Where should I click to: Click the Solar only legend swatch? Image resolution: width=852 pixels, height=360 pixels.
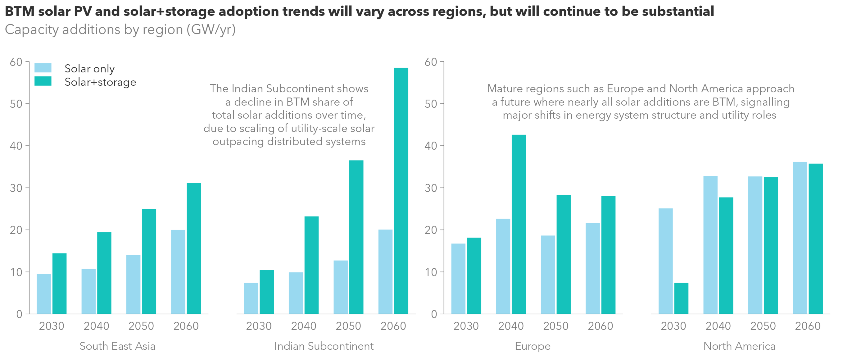43,68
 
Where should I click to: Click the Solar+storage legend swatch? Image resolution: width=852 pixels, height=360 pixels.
43,81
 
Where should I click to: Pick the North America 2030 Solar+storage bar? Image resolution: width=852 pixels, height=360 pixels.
681,298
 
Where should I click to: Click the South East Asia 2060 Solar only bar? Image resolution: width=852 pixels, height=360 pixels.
178,272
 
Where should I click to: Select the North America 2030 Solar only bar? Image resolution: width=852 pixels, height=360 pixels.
665,262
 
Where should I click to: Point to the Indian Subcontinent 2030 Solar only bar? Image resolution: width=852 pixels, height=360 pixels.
251,298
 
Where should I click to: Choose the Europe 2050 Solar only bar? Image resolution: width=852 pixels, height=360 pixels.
548,275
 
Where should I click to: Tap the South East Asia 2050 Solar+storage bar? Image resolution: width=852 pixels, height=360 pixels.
149,262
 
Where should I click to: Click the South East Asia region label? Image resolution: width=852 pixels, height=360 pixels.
117,346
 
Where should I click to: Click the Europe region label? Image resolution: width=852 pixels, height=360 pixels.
532,346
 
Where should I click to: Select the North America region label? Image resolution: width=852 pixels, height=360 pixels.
739,346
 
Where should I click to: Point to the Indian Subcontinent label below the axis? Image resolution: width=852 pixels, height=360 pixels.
324,346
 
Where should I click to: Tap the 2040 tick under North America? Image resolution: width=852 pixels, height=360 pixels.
718,326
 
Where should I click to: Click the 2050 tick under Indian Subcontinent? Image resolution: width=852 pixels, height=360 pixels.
348,326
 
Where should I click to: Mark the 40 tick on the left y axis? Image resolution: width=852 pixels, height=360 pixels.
16,146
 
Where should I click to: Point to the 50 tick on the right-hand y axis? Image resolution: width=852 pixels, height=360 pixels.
431,104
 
